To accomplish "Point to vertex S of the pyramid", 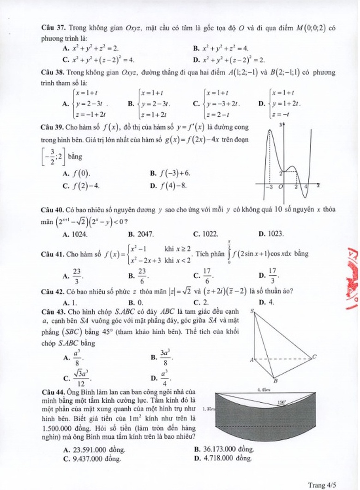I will [252, 311].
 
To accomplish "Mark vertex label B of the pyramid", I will [276, 381].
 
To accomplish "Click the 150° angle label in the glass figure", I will [282, 402].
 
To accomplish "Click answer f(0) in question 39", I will [82, 173].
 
